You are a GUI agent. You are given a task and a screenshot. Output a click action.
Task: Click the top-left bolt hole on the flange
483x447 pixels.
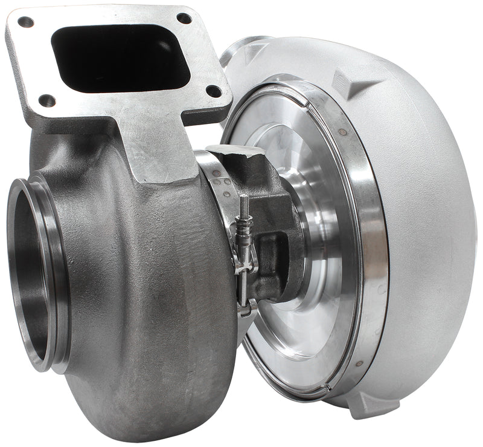(x=25, y=22)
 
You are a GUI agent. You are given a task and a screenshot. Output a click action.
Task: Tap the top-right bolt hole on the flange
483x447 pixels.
(x=184, y=18)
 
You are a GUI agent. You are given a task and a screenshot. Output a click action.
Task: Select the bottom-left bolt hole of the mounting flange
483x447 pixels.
(x=46, y=100)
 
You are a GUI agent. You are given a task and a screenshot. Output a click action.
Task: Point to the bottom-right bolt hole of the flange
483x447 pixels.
(x=213, y=91)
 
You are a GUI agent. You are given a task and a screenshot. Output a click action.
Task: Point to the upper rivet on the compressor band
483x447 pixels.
(x=342, y=132)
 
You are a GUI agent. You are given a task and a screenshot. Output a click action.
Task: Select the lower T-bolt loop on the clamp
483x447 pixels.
(x=245, y=308)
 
